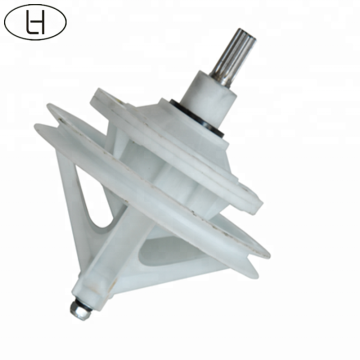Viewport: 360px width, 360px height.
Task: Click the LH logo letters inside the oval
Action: [35, 22]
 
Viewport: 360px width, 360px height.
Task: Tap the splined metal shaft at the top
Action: [233, 58]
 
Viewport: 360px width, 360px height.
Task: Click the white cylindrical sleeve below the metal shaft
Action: [209, 98]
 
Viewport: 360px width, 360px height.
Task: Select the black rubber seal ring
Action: [196, 117]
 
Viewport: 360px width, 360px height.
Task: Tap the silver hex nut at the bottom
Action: [81, 310]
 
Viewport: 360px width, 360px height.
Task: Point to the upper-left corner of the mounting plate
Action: [97, 91]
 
